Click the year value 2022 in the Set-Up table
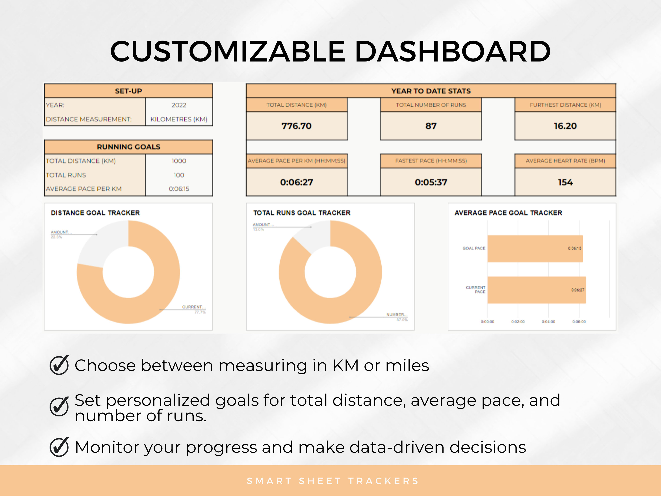tap(179, 105)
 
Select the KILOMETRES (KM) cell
tap(179, 119)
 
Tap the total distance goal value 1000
tap(179, 161)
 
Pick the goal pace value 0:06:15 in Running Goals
tap(179, 189)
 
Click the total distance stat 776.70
tap(296, 126)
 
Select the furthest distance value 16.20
tap(565, 126)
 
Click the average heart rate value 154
tap(565, 182)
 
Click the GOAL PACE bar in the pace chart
tap(535, 248)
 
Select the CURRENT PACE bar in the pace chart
tap(536, 290)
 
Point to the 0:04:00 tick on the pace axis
tap(548, 322)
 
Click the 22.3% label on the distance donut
tap(56, 237)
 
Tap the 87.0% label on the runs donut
tap(402, 320)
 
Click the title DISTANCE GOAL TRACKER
tap(95, 213)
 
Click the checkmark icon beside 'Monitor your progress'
tap(59, 447)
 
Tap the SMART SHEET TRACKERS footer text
tap(332, 481)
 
